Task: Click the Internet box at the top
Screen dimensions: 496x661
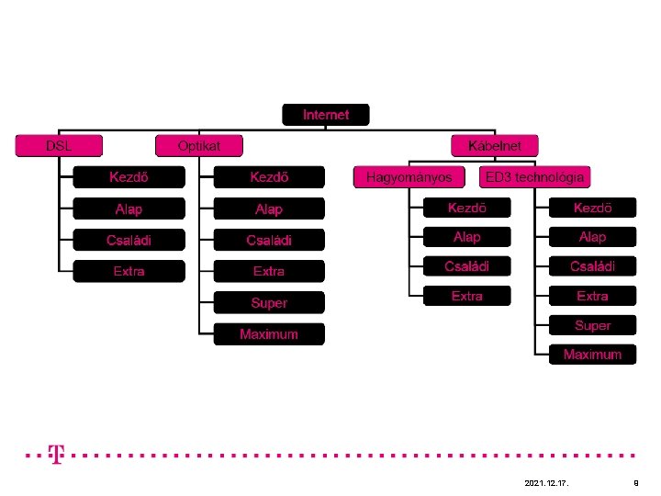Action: [326, 115]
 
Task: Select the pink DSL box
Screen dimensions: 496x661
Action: [59, 145]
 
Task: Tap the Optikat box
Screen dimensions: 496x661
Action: [199, 145]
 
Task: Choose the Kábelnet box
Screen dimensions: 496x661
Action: [494, 145]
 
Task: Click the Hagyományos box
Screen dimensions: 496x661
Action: [409, 176]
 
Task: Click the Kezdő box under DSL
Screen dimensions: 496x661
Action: [129, 176]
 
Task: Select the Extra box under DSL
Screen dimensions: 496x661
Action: [129, 271]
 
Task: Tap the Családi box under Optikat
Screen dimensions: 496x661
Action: [269, 240]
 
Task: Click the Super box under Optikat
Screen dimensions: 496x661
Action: [269, 302]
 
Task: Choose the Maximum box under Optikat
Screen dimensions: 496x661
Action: [269, 334]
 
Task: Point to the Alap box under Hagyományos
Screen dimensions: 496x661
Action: [466, 237]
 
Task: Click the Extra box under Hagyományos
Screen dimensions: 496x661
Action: [466, 296]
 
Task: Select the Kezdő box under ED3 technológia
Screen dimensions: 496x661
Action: [592, 208]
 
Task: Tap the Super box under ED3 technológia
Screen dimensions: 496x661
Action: [592, 325]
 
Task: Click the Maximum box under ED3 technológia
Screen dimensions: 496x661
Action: [592, 355]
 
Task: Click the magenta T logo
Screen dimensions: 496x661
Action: [57, 454]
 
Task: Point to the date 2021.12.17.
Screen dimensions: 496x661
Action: [545, 482]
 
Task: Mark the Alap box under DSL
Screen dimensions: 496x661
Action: [129, 209]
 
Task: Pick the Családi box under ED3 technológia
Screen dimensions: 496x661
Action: [592, 266]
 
